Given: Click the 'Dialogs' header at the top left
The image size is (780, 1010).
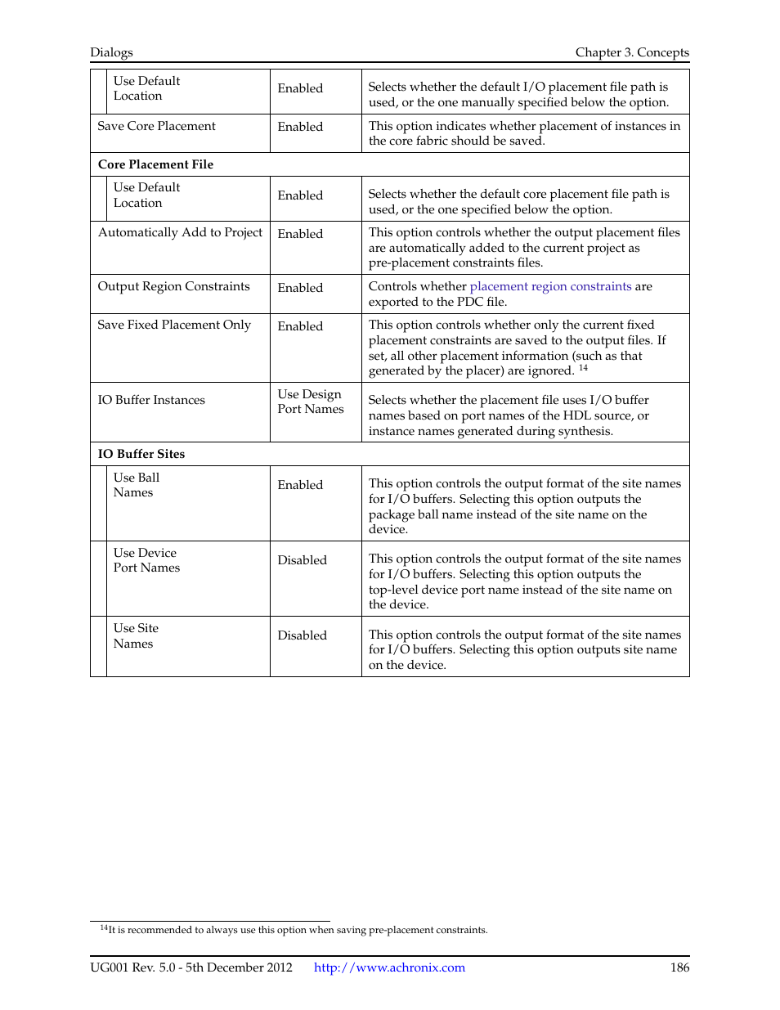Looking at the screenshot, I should (x=111, y=52).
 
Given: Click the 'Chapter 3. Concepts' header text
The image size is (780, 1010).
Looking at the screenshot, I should (x=631, y=52).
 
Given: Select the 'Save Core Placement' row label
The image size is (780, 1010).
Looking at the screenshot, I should (x=156, y=126).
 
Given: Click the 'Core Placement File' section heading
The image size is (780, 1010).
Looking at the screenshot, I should (x=155, y=164).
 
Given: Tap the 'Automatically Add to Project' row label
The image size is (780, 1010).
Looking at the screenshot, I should (x=180, y=232).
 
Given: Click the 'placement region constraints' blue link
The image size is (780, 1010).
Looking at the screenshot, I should (x=550, y=286).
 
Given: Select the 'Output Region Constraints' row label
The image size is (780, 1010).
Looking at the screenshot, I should (x=173, y=286).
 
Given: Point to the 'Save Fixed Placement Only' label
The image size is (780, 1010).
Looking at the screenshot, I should (x=174, y=325).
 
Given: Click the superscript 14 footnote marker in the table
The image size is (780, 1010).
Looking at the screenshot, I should (x=583, y=368).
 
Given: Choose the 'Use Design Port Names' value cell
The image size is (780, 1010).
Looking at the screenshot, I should (x=310, y=402).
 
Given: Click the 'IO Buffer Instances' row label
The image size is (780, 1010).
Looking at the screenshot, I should (x=151, y=400).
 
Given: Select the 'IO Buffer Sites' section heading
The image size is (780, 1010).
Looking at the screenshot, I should (x=141, y=454).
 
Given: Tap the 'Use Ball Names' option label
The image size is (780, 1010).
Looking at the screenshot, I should (x=136, y=485).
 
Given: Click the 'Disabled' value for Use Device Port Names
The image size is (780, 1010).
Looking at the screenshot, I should (x=302, y=560).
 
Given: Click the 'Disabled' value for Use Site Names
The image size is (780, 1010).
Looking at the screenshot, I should (x=302, y=635).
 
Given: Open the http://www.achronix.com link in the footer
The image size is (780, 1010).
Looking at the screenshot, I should (x=389, y=967).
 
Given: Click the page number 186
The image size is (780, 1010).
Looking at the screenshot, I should (x=679, y=967).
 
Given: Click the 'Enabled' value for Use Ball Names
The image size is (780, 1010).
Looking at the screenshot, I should (x=300, y=485).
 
